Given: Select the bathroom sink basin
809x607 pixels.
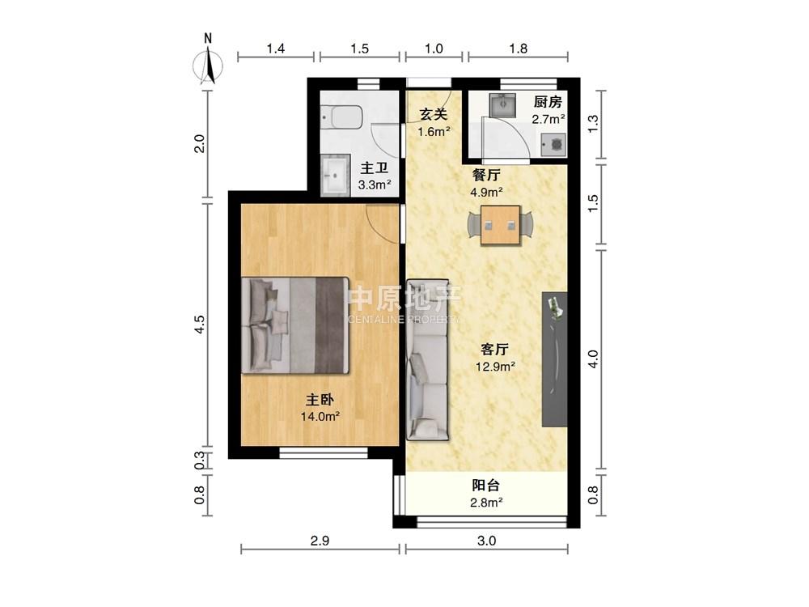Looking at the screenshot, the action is [336, 175].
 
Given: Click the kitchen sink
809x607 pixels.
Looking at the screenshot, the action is [501, 106].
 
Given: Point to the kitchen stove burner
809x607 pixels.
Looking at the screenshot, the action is [554, 145].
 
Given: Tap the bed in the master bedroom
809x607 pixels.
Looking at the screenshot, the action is [295, 325].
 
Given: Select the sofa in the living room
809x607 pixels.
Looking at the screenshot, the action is [428, 360].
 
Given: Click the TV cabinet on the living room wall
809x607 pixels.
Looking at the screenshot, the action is [555, 359].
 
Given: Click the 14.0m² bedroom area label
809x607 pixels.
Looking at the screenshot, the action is [320, 416].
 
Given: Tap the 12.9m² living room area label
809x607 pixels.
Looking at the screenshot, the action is [495, 367].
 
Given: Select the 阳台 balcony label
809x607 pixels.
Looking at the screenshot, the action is [486, 485].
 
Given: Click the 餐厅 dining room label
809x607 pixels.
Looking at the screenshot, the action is [486, 175].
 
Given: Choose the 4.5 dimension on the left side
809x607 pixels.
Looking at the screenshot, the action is [200, 325].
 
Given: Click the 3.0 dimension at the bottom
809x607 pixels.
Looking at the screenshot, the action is [486, 541].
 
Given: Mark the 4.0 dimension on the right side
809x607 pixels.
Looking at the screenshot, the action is [593, 359].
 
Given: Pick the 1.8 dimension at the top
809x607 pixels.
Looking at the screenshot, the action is [518, 49].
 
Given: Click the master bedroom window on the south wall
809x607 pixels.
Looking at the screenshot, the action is [324, 453].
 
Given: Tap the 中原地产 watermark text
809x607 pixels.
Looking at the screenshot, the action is [404, 299].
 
